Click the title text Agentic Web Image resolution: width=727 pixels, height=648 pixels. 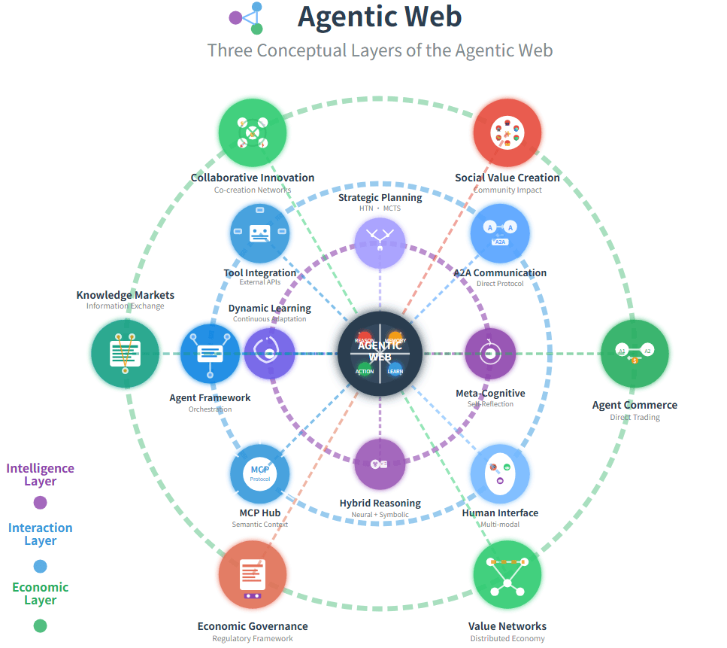(380, 17)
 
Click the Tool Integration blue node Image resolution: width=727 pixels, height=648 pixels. (259, 233)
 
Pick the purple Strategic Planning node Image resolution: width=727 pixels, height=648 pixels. (380, 242)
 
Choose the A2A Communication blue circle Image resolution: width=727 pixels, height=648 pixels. (500, 233)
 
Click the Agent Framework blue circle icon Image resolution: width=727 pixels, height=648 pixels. (210, 353)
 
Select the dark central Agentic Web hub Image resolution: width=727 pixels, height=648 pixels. (380, 353)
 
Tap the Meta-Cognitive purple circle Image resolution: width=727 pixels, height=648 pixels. (490, 353)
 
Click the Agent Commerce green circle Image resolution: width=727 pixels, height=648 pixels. (635, 353)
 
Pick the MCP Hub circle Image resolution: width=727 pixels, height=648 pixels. (259, 474)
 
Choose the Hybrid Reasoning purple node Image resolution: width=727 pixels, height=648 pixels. (380, 464)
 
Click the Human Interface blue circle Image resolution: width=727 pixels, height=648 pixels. (500, 474)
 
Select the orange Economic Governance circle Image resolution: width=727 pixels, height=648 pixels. (253, 574)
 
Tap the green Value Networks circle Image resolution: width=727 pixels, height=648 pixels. (507, 574)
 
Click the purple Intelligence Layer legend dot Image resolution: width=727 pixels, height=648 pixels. (41, 503)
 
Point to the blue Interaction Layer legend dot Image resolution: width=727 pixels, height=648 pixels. (41, 566)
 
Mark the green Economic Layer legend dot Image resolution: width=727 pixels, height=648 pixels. (41, 625)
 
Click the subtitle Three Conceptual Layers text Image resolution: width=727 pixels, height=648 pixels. (380, 50)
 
